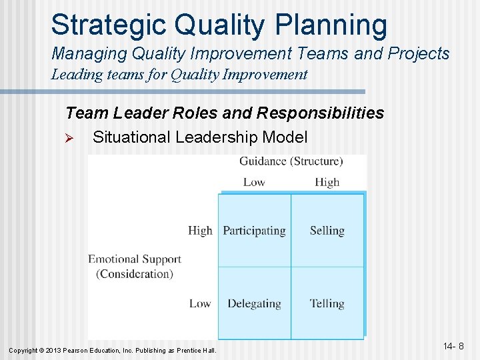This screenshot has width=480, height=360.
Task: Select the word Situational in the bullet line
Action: (x=132, y=137)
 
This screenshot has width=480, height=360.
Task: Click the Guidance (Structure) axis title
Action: (x=291, y=161)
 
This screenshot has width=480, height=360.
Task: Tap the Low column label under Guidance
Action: (x=254, y=182)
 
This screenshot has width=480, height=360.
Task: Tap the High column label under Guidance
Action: (x=327, y=182)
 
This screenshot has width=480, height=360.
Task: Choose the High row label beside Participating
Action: (x=200, y=231)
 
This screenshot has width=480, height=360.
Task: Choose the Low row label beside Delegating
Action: (x=200, y=303)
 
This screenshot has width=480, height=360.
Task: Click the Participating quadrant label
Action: (x=254, y=231)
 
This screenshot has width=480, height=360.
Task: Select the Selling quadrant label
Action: (x=327, y=231)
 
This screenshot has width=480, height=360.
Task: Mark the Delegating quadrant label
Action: (x=254, y=303)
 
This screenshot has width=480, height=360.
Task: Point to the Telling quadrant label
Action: (x=327, y=303)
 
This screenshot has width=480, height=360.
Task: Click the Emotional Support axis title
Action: (x=135, y=266)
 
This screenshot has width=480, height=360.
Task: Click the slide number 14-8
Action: (x=453, y=346)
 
